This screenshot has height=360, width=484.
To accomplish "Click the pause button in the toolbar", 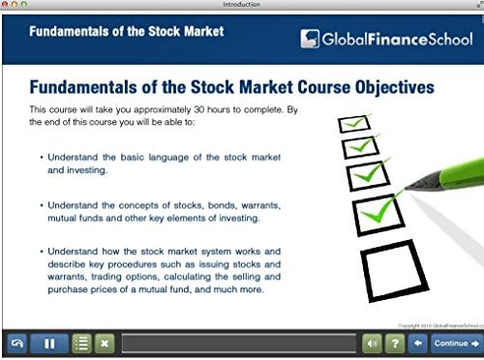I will (x=48, y=344).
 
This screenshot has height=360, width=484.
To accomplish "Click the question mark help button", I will (x=394, y=344).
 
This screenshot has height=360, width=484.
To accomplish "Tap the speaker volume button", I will (x=373, y=344).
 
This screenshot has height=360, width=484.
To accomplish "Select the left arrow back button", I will (x=418, y=344).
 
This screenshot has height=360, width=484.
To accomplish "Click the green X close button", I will (x=105, y=344).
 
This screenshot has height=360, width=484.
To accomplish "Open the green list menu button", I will (x=82, y=344).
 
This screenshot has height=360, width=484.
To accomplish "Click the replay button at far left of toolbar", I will (x=15, y=344).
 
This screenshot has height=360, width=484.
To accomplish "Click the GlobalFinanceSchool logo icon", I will (x=310, y=39).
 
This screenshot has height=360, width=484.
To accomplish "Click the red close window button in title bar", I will (x=7, y=5).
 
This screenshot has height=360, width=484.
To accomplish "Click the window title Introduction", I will (x=241, y=5).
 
